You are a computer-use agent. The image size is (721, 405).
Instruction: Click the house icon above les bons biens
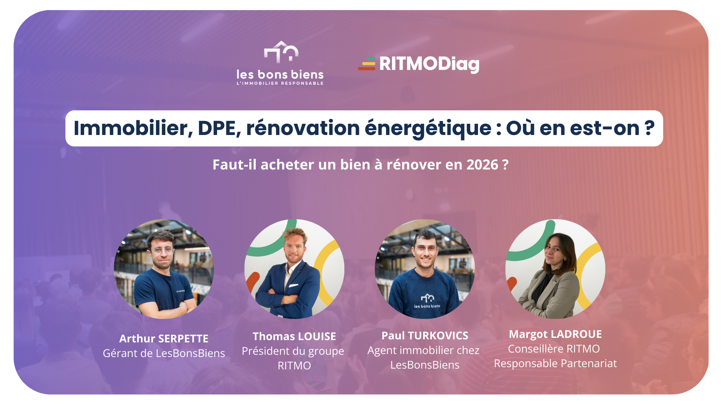click(281, 52)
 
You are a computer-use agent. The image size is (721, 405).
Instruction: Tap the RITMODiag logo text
click(429, 64)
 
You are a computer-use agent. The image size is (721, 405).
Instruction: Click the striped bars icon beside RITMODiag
click(367, 63)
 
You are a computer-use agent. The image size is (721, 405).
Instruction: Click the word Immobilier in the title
click(133, 128)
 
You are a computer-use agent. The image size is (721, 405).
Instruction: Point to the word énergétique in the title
click(428, 129)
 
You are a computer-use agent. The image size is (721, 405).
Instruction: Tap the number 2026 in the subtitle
click(482, 165)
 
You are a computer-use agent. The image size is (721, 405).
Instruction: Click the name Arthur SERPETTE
click(164, 339)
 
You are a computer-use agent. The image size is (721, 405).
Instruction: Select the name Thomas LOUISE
click(294, 336)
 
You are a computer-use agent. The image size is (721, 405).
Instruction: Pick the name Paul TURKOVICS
click(425, 336)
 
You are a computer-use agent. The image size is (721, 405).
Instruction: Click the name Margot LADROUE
click(555, 334)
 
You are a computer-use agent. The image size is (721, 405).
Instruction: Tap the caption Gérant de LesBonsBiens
click(164, 353)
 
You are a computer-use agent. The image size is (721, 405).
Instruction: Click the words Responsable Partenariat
click(555, 363)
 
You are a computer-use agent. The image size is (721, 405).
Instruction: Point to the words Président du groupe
click(293, 351)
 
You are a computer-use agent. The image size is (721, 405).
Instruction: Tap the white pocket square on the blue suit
click(294, 286)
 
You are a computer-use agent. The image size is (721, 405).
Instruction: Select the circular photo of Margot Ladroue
click(555, 269)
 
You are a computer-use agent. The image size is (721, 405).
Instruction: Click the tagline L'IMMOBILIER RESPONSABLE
click(280, 83)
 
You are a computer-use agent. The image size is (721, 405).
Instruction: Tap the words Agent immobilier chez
click(423, 350)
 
